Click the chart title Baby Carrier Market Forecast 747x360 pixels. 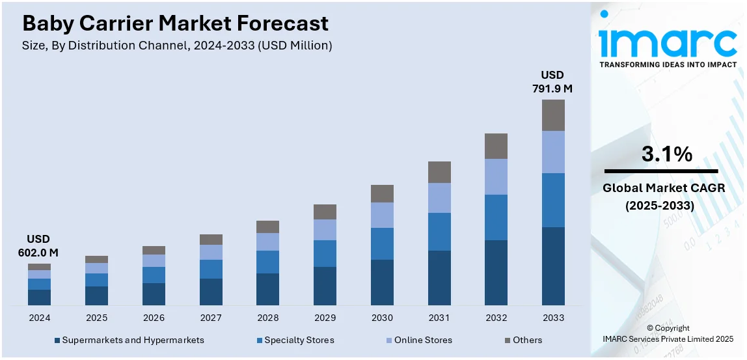coord(175,24)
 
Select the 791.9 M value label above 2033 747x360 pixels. coord(553,81)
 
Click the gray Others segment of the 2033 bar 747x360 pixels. coord(553,115)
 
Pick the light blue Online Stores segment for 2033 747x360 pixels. coord(553,152)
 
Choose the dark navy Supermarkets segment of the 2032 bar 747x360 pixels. coord(496,272)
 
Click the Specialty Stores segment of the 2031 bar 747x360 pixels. coord(439,231)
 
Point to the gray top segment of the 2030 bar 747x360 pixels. coord(382,193)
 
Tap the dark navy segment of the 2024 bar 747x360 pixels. coord(39,297)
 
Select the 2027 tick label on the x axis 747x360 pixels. coord(211,318)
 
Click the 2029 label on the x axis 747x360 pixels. coord(325,318)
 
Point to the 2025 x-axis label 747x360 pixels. coord(96,318)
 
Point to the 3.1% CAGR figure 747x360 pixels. coord(667,154)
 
